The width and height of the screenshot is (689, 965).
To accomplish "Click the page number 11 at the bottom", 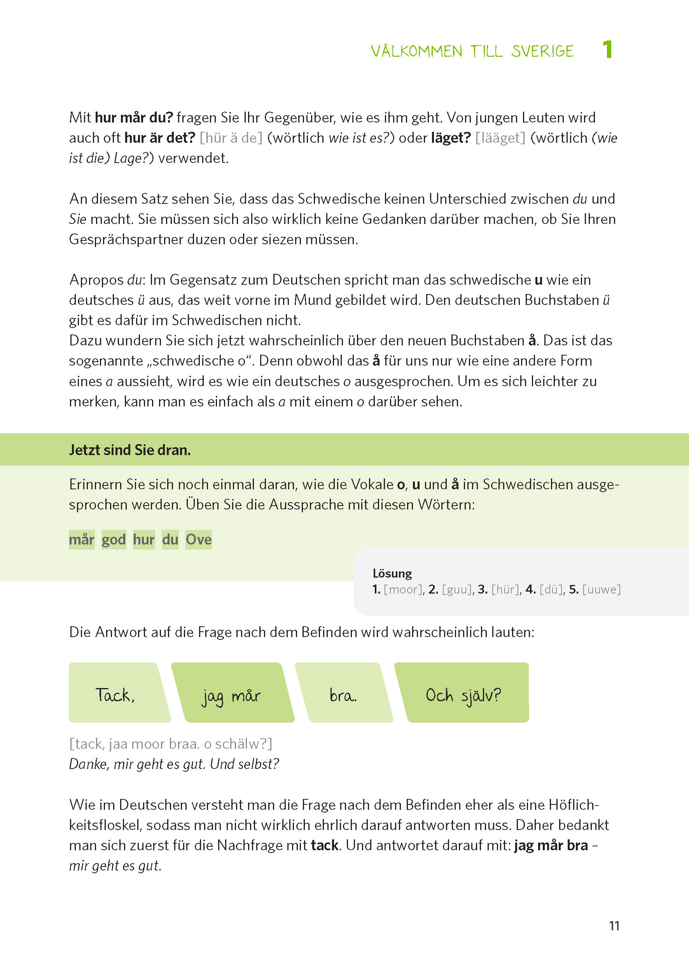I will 614,926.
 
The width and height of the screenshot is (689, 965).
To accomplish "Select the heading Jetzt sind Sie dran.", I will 130,450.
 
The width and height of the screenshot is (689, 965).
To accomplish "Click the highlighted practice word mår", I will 81,539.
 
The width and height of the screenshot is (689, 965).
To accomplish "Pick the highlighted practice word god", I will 114,539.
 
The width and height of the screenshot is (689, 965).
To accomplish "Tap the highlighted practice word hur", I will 144,539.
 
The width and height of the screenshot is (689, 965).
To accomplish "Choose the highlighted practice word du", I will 170,539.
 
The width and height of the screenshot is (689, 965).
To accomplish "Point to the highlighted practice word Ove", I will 199,539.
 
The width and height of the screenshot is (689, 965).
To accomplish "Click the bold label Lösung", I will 392,573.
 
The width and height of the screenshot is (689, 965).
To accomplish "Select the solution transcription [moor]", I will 403,589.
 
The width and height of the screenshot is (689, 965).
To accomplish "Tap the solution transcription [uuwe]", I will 601,589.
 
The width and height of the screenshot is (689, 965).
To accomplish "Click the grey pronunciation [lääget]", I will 500,138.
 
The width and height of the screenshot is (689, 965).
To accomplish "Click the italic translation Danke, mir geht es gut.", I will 138,764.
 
